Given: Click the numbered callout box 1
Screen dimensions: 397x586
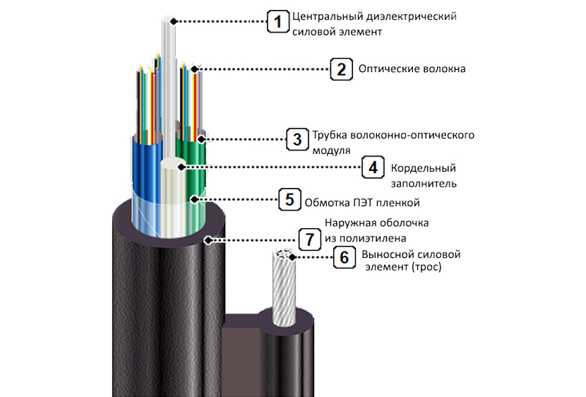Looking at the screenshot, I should [277, 22].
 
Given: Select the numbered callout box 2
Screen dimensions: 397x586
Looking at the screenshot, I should [341, 69].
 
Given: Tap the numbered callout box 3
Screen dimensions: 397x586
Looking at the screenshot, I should [297, 138].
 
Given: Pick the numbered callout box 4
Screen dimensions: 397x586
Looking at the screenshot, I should [372, 168].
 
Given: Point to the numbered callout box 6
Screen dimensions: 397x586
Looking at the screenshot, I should [344, 257].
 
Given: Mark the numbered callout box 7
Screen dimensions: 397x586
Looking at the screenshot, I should [308, 239].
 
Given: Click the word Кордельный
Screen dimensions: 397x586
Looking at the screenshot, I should [423, 168].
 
